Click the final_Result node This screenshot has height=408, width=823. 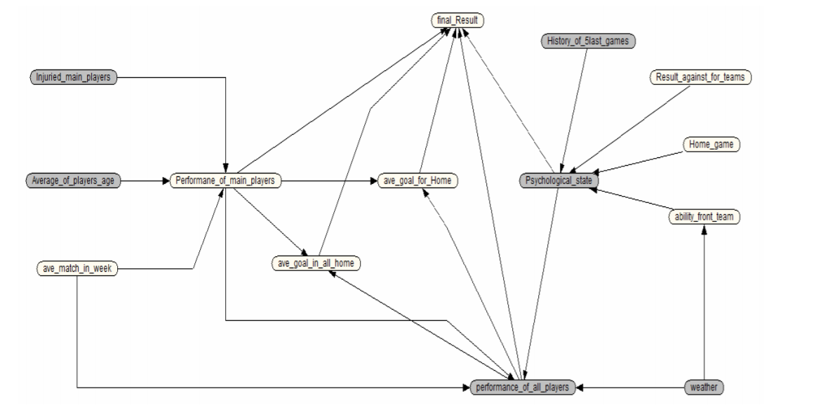click(457, 22)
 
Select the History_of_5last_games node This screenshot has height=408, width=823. click(588, 41)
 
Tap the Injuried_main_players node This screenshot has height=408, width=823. click(73, 77)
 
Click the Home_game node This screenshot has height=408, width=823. click(711, 145)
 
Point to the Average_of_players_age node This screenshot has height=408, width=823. click(73, 181)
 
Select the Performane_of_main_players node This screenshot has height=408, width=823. click(226, 181)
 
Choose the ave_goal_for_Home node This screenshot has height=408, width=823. click(417, 181)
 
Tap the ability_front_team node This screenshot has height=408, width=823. click(704, 218)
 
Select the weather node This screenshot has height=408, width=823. click(704, 387)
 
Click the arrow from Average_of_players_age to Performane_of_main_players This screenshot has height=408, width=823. click(145, 181)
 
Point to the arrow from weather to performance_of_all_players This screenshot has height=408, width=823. click(631, 387)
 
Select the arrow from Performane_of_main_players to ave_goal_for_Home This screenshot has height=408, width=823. click(330, 181)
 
